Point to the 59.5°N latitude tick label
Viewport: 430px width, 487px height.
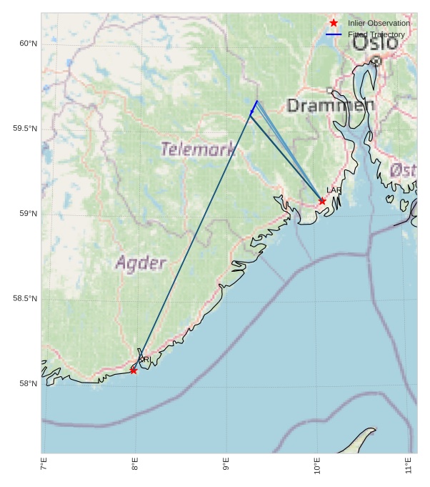pyautogui.click(x=25, y=129)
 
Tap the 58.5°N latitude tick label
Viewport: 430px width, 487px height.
pyautogui.click(x=25, y=299)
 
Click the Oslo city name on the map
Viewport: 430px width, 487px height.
pyautogui.click(x=375, y=42)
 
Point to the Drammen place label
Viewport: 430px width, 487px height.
pyautogui.click(x=330, y=107)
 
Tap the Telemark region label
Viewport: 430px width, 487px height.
pyautogui.click(x=198, y=149)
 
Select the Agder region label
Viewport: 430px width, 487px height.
pyautogui.click(x=141, y=263)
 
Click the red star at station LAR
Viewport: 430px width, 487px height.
pyautogui.click(x=322, y=201)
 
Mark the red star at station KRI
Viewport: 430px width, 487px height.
pyautogui.click(x=134, y=370)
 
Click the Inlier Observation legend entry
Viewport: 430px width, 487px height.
pyautogui.click(x=379, y=24)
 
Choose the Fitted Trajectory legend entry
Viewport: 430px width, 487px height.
pyautogui.click(x=376, y=34)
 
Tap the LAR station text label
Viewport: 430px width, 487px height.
pyautogui.click(x=334, y=190)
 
